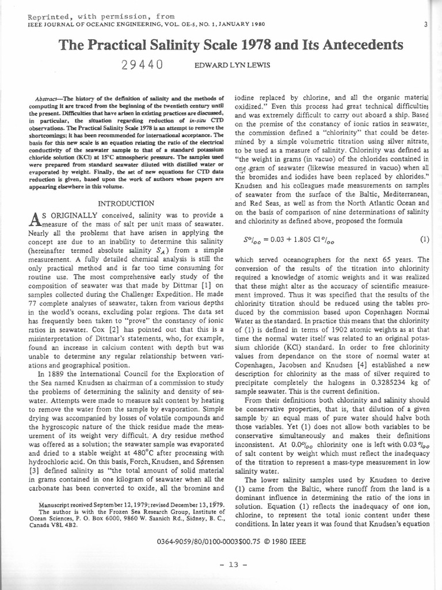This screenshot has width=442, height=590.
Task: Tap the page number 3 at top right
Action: point(425,24)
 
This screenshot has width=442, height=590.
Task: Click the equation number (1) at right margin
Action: point(425,239)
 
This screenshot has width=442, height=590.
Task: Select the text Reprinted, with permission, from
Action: point(93,17)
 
